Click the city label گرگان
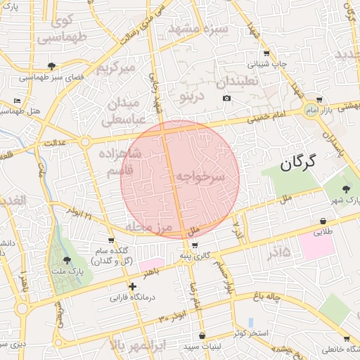click(297, 163)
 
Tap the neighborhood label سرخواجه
click(200, 176)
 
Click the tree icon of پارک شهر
click(345, 189)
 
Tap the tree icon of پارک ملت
click(67, 259)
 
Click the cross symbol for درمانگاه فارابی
click(133, 286)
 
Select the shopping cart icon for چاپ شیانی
click(266, 53)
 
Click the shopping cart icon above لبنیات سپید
click(202, 336)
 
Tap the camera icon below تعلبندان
click(226, 98)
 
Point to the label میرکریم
click(115, 68)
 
